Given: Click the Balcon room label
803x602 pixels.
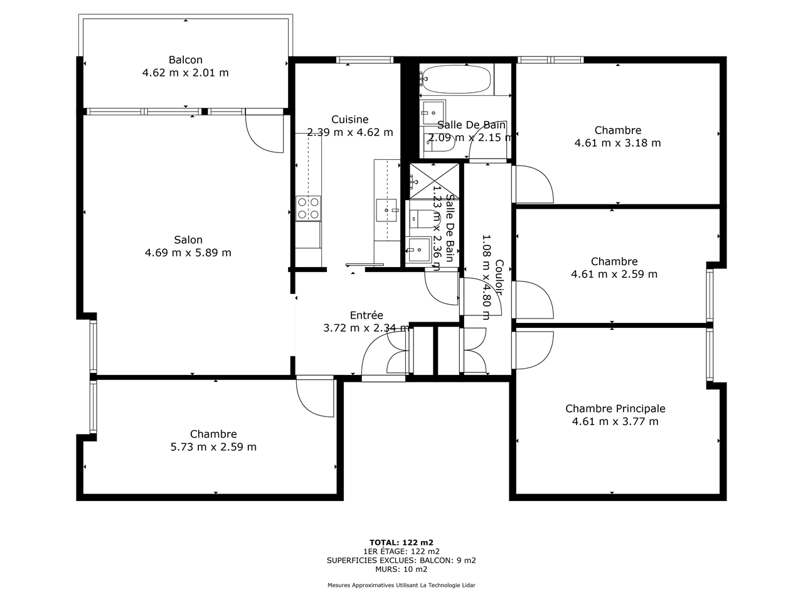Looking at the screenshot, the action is coord(186,60).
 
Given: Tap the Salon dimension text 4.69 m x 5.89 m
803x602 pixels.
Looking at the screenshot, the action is coord(188,253).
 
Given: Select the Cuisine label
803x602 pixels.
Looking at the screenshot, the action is coord(349,119).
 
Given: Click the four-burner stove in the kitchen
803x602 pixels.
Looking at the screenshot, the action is coord(309,208).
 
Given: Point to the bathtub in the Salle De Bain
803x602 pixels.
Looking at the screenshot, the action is coord(455,79).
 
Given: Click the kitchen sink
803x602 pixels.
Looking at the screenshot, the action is coord(386,210).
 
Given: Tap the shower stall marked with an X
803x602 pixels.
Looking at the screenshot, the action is coord(434,181).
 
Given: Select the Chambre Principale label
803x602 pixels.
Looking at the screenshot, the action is coord(615,408).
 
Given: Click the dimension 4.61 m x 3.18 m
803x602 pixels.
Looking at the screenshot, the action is coord(617,143).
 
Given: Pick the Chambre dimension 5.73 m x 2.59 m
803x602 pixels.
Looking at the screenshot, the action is coord(213,446).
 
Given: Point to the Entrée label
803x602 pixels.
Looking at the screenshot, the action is coord(366,315).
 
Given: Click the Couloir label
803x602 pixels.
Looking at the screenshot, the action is coord(499,277).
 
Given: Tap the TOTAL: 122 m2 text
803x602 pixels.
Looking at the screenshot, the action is coord(401,542).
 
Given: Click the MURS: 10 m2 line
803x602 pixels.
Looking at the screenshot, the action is coord(401,569).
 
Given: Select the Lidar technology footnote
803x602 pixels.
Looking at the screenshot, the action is coord(401,585).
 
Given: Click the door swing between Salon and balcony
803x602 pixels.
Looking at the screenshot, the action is coord(265,131).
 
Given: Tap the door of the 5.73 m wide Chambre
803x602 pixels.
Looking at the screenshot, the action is coord(316,398).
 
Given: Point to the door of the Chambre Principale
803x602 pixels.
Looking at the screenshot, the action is coord(533,350).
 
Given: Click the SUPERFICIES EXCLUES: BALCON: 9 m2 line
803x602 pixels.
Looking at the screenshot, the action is coord(401,561).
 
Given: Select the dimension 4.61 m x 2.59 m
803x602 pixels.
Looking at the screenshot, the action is coord(614,274).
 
